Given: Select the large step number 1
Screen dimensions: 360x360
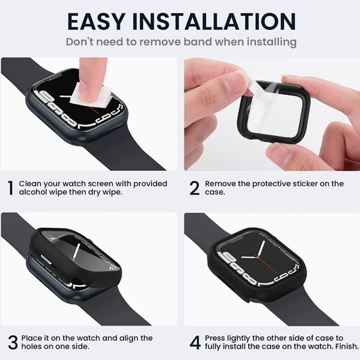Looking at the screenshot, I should (10, 188).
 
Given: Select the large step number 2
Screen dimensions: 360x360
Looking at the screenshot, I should (194, 188).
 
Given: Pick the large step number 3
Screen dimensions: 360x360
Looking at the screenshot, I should (11, 342).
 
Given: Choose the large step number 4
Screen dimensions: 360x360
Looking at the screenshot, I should (194, 342).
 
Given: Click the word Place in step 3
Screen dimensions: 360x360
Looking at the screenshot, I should (32, 338).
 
